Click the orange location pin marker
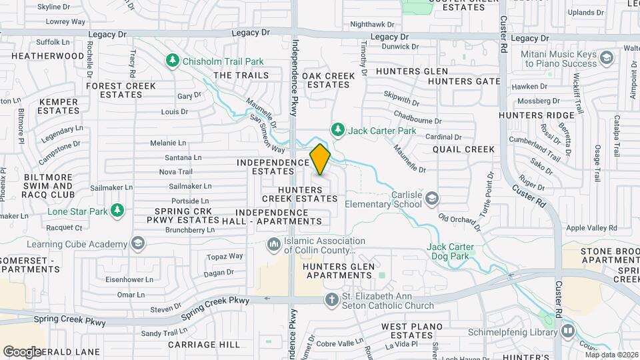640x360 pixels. (320, 159)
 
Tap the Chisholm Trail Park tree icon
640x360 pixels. (173, 61)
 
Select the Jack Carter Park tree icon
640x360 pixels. (338, 129)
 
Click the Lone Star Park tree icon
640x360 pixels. (118, 211)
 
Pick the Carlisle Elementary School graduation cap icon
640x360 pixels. (433, 198)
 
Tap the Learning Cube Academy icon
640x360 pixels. (138, 242)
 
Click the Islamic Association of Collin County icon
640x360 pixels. (273, 245)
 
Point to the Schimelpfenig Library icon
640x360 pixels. (567, 330)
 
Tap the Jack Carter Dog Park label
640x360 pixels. (450, 252)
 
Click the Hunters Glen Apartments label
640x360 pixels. (338, 271)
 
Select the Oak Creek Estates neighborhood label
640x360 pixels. (328, 81)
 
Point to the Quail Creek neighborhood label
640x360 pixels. (463, 149)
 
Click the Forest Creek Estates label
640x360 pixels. (121, 90)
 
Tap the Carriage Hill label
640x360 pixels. (203, 345)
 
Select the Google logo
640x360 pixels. (22, 351)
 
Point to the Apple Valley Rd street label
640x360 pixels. (591, 228)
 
